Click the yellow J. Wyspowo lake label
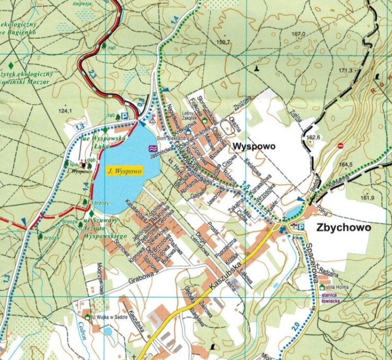click(121, 171)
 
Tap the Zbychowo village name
click(343, 228)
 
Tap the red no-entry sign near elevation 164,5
click(340, 145)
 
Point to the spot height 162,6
click(313, 137)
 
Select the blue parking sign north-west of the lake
click(124, 116)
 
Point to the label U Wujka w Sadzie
click(109, 317)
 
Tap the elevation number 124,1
click(65, 111)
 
